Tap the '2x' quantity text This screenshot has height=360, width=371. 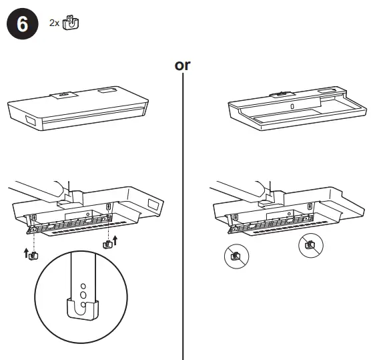coord(54,23)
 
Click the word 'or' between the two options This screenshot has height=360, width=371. coord(182,65)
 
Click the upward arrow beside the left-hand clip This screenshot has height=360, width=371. coord(25,252)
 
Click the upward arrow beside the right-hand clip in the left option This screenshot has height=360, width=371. coord(115,241)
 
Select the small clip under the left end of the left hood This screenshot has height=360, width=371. coord(33,254)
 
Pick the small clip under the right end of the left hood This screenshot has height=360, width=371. coord(106,244)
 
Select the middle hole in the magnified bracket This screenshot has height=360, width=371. coord(83,293)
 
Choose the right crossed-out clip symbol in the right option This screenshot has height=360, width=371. coord(310,245)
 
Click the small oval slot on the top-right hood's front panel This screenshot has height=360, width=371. coord(290,106)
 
